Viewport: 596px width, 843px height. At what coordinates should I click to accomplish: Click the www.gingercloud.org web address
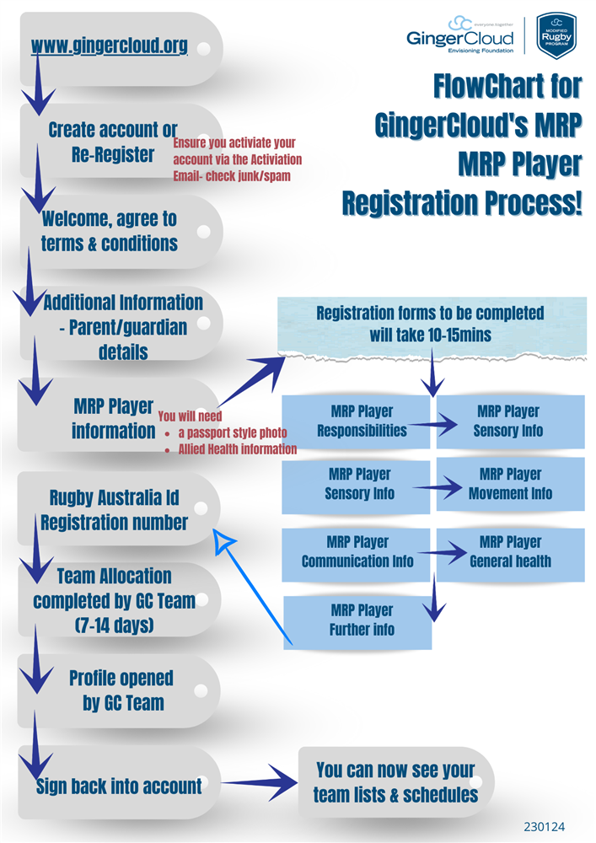click(x=109, y=46)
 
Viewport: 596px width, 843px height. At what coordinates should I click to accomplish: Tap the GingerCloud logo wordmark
click(x=459, y=38)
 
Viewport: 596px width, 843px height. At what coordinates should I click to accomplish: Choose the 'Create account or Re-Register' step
click(x=113, y=142)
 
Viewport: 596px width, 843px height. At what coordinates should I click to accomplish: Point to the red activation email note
click(x=237, y=159)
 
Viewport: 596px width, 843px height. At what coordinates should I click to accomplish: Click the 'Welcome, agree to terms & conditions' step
click(x=110, y=231)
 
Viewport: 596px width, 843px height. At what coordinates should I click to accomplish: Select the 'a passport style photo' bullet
click(x=232, y=432)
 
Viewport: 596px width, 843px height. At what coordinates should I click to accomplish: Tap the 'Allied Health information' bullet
click(x=237, y=449)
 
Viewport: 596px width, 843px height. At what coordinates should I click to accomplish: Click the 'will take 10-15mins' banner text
click(x=430, y=334)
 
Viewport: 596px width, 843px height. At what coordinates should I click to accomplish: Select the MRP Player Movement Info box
click(x=510, y=483)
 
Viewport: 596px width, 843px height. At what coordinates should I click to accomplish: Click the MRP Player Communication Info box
click(x=357, y=551)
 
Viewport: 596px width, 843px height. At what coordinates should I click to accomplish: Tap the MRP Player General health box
click(x=510, y=551)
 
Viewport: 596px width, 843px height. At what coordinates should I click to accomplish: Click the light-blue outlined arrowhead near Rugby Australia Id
click(x=224, y=541)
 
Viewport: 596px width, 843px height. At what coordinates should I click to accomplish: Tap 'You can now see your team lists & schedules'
click(x=395, y=782)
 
